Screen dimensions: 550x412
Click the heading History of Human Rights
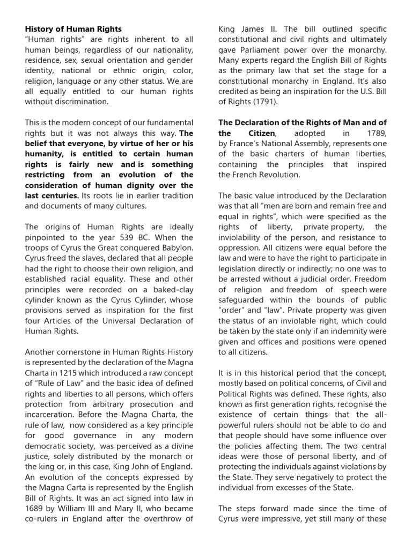73,29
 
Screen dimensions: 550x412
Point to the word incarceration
49,415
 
